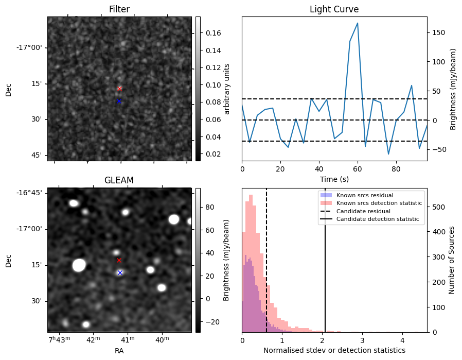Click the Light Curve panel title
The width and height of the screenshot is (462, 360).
tap(334, 9)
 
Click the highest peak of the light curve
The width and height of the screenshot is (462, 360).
tap(357, 23)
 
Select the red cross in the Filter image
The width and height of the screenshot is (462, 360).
tap(119, 89)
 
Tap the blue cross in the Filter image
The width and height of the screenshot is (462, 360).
tap(119, 101)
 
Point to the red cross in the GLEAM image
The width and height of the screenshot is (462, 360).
tap(119, 260)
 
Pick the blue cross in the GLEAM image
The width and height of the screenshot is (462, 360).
tap(120, 272)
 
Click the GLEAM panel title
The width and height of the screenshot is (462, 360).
tap(119, 180)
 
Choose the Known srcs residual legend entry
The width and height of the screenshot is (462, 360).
tap(364, 195)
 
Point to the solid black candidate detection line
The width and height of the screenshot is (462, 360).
tap(325, 268)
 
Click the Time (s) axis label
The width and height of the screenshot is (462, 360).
tap(334, 178)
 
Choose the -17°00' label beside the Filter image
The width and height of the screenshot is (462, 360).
tap(29, 48)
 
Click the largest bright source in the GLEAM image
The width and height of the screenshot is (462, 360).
tap(79, 265)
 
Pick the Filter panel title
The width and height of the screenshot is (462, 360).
tap(119, 9)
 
